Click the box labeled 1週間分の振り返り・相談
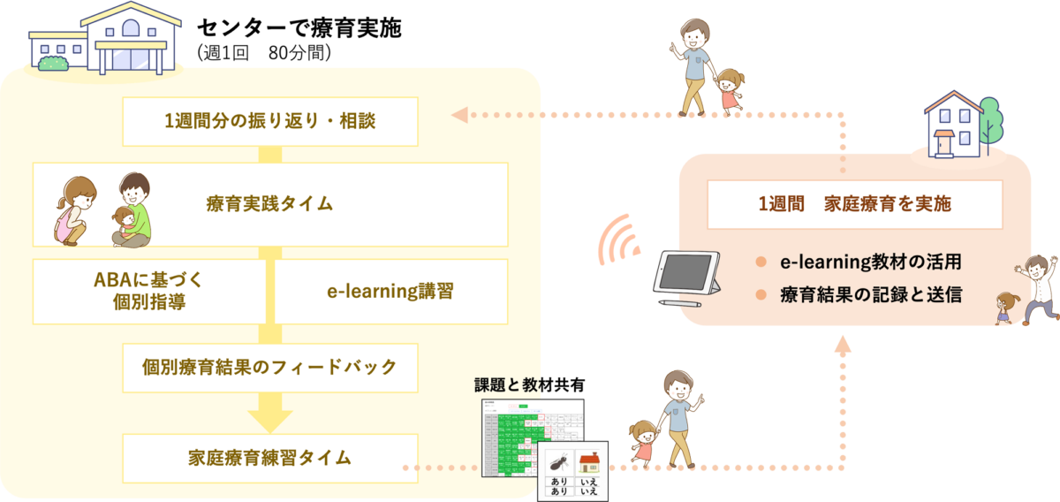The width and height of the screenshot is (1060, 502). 269,122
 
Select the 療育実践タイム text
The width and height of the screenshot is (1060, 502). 269,204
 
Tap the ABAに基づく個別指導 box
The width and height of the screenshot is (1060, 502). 148,292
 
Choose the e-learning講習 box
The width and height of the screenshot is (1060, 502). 390,292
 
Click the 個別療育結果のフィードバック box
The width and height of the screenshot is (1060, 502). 269,367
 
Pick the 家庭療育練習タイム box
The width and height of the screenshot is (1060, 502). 269,458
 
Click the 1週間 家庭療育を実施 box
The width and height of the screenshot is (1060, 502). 854,204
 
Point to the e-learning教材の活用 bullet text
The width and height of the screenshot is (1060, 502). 869,262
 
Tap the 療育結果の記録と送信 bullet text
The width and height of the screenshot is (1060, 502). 871,293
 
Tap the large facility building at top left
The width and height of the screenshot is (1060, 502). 106,40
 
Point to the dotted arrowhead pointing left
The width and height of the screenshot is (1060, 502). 458,115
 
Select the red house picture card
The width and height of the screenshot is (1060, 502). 588,462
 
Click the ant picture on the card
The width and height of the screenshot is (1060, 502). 557,462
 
